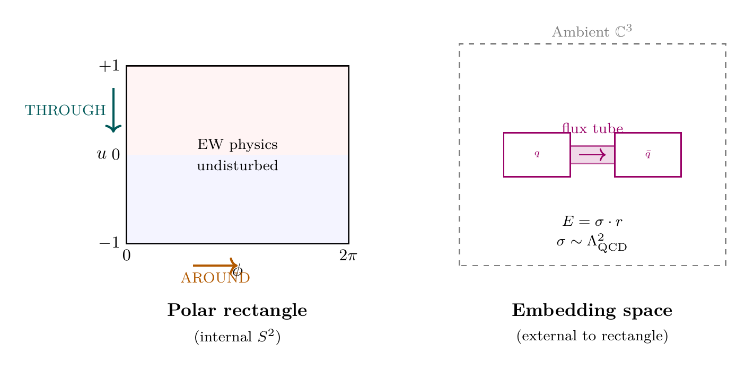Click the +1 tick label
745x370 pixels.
point(109,67)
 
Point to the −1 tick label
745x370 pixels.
point(109,243)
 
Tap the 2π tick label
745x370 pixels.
point(348,257)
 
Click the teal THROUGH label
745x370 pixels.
point(65,111)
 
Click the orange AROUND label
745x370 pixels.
point(215,278)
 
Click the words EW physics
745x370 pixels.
point(237,145)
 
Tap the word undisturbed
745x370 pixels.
point(237,166)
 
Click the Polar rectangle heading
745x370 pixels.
point(237,311)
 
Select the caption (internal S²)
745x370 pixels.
point(237,337)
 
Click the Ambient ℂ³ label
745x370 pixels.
point(592,31)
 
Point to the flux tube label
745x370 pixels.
point(592,128)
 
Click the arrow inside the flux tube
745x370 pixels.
point(592,154)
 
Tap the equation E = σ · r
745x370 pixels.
point(592,222)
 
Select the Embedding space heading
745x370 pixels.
point(592,311)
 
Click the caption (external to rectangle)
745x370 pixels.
point(592,337)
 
